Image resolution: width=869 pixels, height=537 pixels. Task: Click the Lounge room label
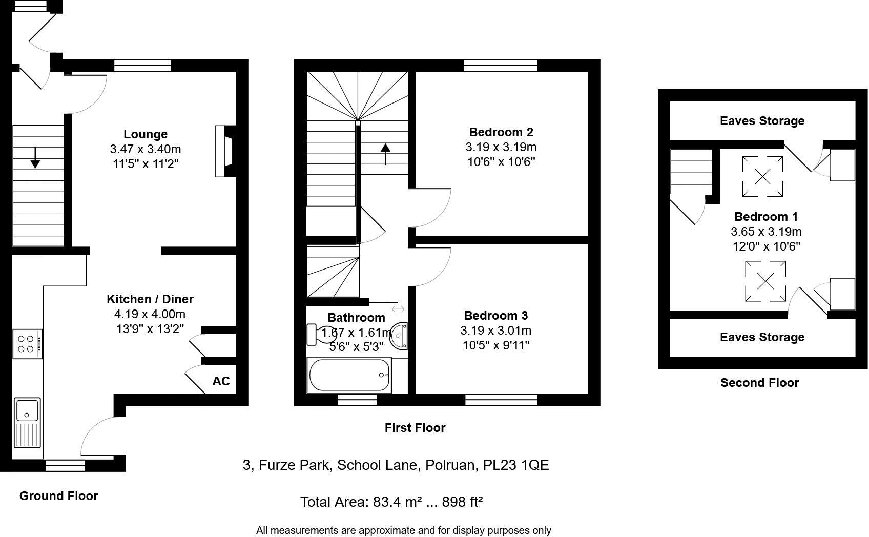146,134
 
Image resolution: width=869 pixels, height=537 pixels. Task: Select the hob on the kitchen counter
27,344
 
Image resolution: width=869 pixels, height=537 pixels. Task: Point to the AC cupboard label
221,381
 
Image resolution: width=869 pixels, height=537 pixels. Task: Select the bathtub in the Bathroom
349,376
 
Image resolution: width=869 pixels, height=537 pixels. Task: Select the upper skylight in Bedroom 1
762,177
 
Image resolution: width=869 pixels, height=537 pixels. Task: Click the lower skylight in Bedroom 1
765,281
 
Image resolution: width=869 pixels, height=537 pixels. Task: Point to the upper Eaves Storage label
762,121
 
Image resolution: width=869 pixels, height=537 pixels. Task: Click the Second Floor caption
759,383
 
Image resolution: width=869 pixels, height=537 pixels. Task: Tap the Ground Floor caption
58,496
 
